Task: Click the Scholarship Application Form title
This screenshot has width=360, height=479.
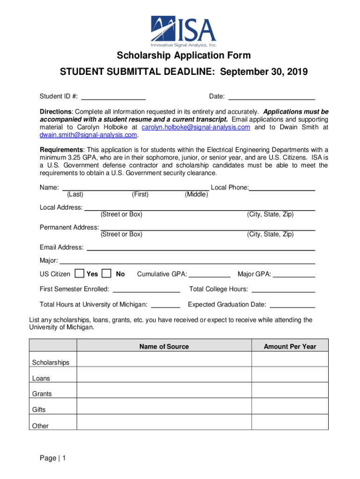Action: pos(183,56)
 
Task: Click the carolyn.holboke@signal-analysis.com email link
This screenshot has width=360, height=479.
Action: pos(196,127)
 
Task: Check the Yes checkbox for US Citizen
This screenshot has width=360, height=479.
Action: pos(79,273)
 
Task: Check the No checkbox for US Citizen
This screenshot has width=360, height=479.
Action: pos(107,273)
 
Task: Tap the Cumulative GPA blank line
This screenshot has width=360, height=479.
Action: pos(209,274)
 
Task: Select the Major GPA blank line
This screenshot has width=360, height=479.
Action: pos(294,274)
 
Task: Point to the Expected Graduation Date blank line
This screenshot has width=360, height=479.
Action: pos(293,305)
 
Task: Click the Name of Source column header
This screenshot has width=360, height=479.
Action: pos(164,347)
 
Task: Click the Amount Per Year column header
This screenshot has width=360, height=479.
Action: pos(290,347)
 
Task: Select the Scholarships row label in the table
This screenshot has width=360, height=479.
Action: pos(50,363)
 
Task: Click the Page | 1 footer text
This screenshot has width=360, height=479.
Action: pos(53,459)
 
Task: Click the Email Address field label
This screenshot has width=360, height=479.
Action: pos(62,247)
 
